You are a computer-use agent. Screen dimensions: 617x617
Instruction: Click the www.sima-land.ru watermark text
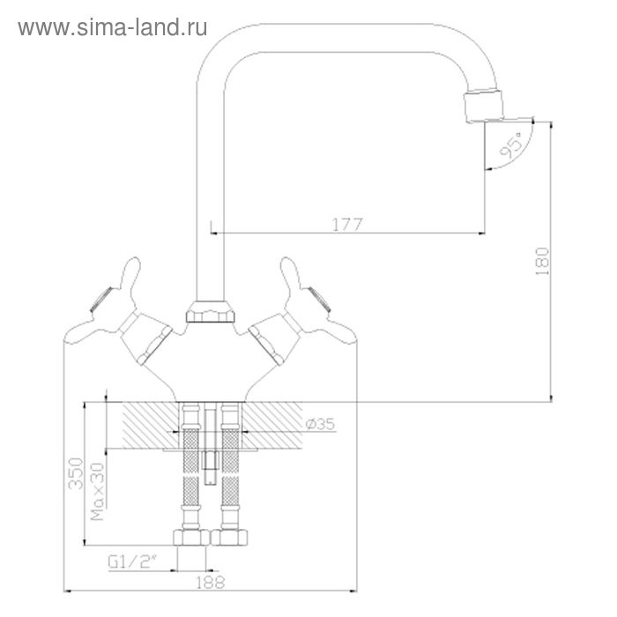113,28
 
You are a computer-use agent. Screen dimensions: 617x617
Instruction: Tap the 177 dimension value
347,225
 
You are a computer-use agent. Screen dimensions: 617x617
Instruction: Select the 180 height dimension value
542,261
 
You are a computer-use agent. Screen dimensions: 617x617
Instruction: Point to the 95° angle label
510,145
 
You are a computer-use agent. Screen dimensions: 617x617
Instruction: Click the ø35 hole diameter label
320,424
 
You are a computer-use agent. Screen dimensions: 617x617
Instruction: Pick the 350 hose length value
76,473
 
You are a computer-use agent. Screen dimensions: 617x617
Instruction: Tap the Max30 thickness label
98,492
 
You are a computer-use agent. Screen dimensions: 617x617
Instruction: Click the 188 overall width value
211,583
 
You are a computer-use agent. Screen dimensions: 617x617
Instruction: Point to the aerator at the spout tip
484,107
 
